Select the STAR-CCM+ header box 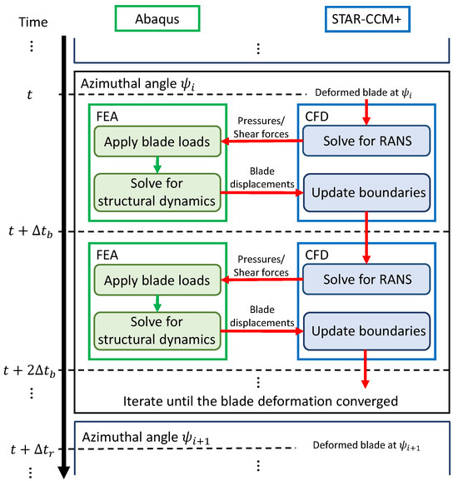click(366, 17)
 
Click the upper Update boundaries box click(366, 194)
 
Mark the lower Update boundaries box click(366, 330)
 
